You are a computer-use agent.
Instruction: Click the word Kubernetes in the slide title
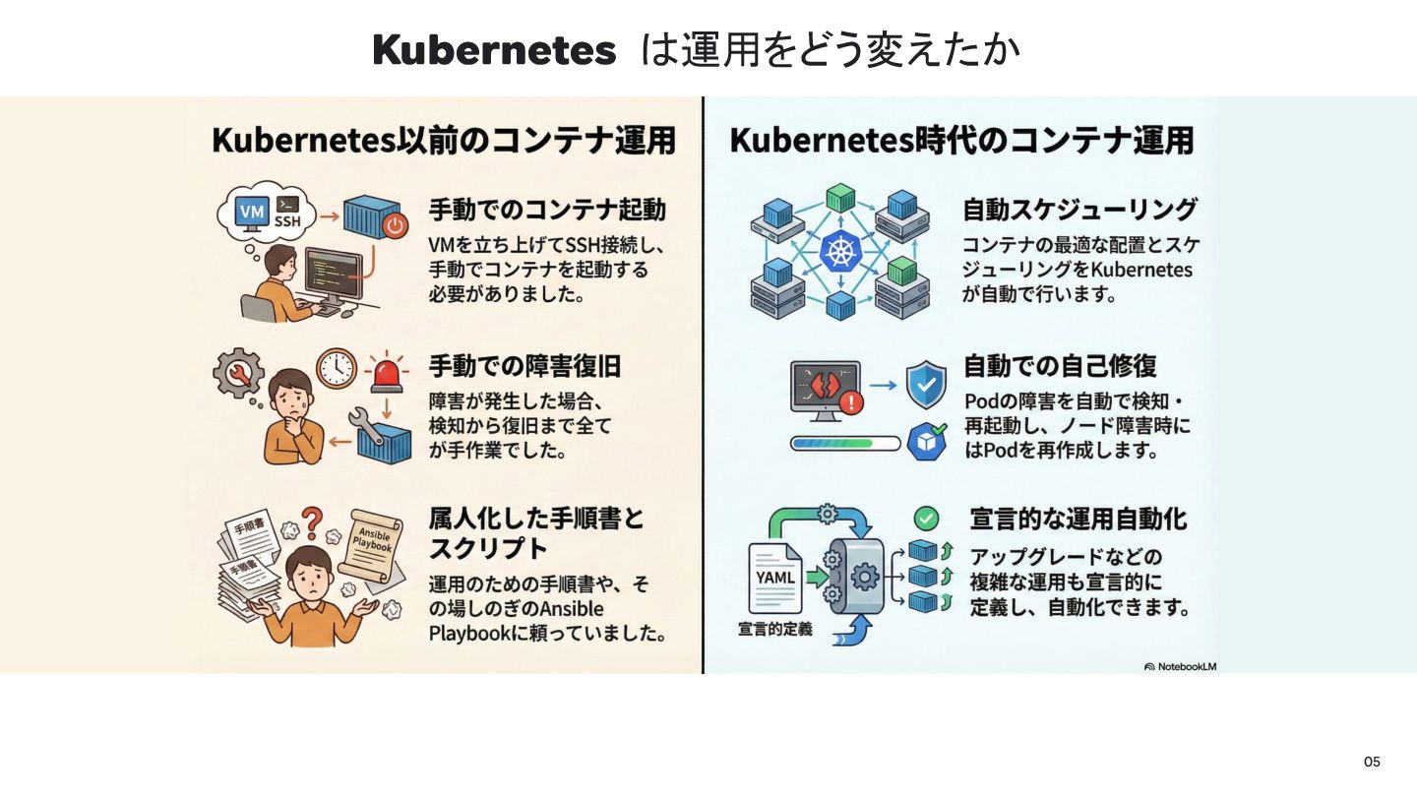[494, 50]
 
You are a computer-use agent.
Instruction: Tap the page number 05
[1372, 762]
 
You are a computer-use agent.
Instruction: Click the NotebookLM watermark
[1181, 666]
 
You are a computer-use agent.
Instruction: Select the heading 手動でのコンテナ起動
[547, 210]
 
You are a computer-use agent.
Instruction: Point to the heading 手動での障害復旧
[524, 367]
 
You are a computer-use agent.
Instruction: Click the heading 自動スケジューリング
[1079, 210]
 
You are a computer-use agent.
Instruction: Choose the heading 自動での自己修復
[1059, 367]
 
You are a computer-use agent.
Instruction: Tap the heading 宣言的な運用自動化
[1078, 519]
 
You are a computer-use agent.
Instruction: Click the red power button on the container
[395, 225]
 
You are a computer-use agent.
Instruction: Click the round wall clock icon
[336, 368]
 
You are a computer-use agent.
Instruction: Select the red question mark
[313, 519]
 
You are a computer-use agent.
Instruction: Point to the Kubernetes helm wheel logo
[839, 253]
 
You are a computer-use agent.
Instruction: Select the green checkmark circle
[926, 518]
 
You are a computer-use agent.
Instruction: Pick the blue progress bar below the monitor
[845, 443]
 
